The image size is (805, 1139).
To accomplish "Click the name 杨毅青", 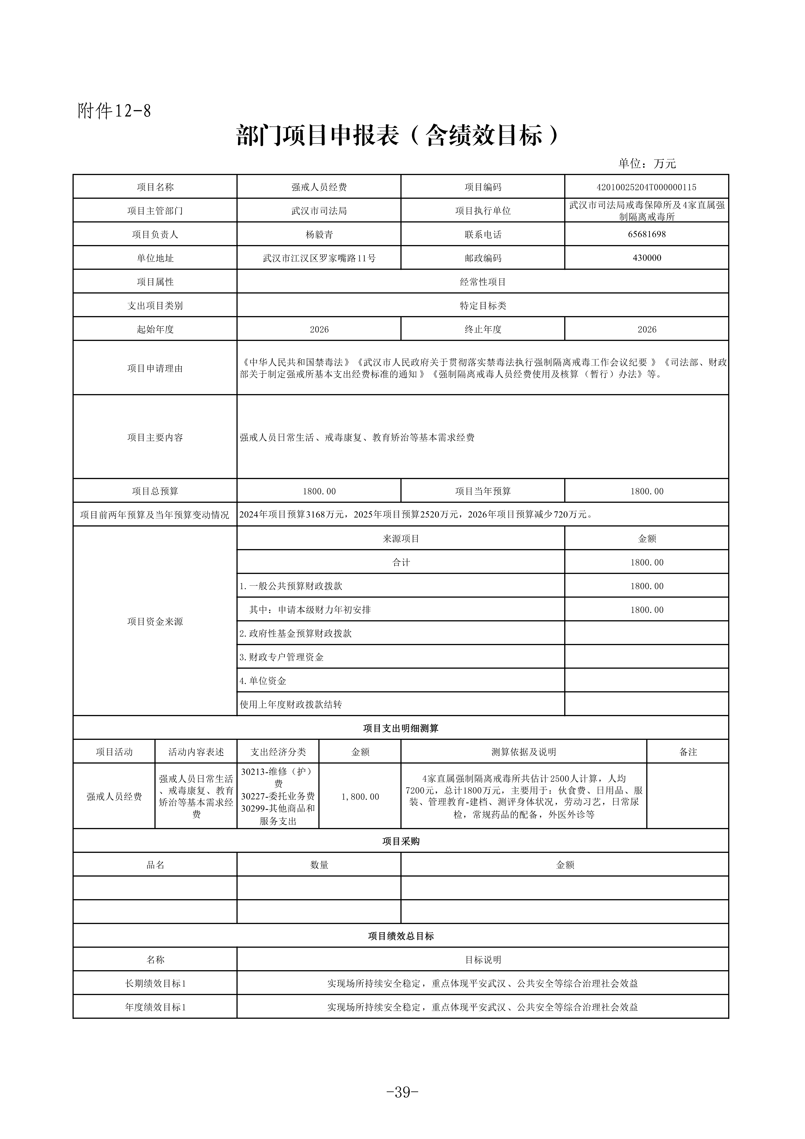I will (319, 234).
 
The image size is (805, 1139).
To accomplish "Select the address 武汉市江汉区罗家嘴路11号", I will (319, 258).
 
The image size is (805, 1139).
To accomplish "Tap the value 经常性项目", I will (483, 282).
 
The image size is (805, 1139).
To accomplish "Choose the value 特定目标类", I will (483, 306).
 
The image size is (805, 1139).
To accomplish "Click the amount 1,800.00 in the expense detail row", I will (360, 797).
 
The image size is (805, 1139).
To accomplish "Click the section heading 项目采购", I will (401, 841).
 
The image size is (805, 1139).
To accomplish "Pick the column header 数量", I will (319, 865).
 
